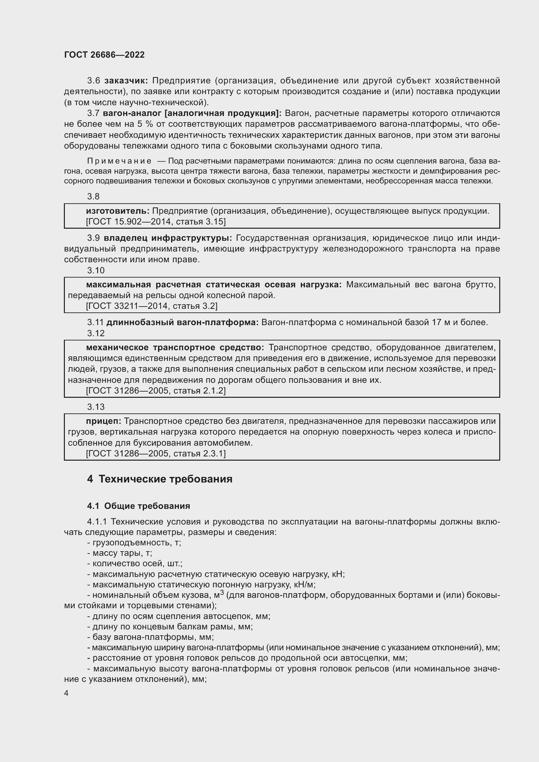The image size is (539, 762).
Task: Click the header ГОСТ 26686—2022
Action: [x=104, y=55]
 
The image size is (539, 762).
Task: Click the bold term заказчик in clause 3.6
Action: [x=126, y=81]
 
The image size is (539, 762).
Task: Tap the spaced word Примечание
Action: [x=119, y=161]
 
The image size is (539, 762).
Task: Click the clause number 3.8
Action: [x=93, y=196]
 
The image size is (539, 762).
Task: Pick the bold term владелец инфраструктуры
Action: [x=168, y=238]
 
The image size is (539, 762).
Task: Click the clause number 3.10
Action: [x=95, y=270]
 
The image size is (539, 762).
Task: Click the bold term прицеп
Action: [x=104, y=421]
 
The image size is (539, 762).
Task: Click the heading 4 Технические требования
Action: [x=159, y=479]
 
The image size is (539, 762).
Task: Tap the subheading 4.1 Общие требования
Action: [x=138, y=506]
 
